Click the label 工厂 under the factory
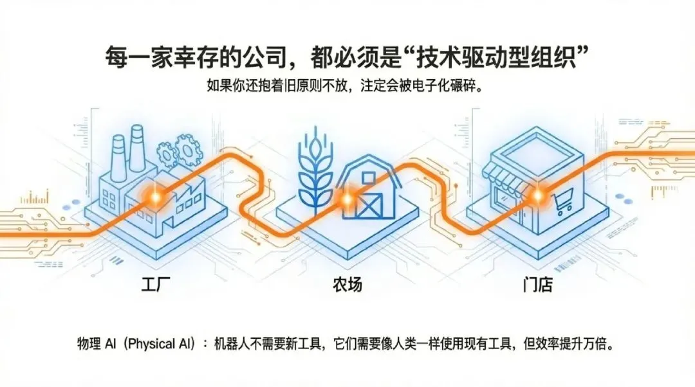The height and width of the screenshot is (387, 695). (x=154, y=283)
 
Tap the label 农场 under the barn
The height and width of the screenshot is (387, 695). (x=347, y=283)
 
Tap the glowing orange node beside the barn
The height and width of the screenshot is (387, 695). (x=347, y=199)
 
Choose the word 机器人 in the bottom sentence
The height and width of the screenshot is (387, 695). (x=236, y=343)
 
